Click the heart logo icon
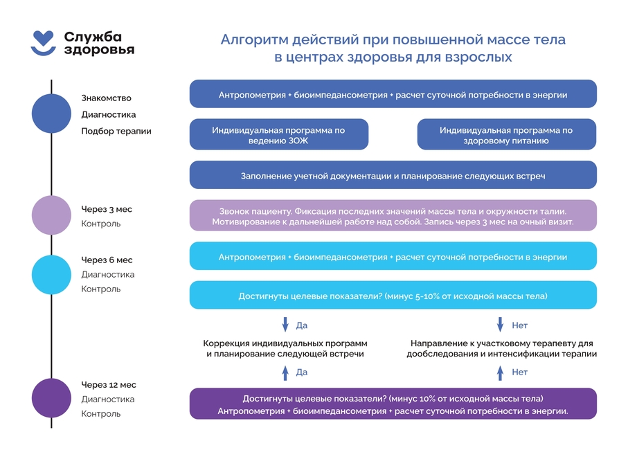click(x=44, y=42)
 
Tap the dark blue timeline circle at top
click(x=51, y=114)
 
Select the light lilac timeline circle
click(x=51, y=215)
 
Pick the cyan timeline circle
click(x=51, y=274)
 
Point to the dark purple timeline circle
click(x=51, y=399)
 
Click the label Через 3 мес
click(x=106, y=209)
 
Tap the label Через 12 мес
click(x=108, y=385)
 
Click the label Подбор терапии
click(x=116, y=131)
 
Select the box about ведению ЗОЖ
click(x=278, y=135)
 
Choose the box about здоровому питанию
click(x=506, y=135)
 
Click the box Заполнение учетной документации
click(x=393, y=176)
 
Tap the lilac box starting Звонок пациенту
click(x=393, y=216)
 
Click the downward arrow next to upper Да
click(x=285, y=325)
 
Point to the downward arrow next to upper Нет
click(x=501, y=325)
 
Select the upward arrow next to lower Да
click(x=285, y=372)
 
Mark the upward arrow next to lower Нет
click(x=501, y=372)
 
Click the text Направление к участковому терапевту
click(x=501, y=343)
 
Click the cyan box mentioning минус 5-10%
click(x=393, y=296)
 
